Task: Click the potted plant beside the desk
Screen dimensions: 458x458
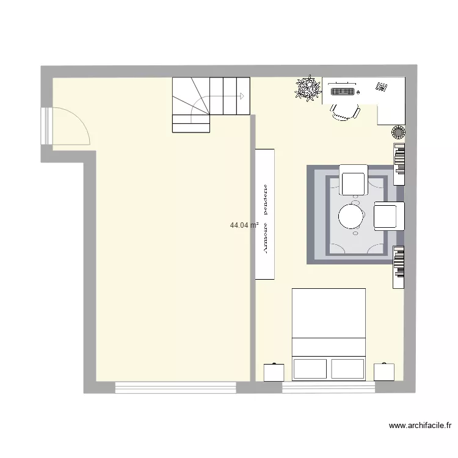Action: pos(307,89)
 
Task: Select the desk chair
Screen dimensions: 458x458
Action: pos(344,111)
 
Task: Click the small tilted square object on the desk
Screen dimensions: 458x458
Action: pos(382,87)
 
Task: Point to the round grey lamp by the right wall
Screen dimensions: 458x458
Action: pos(398,131)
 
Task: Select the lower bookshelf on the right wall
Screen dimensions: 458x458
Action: pos(399,266)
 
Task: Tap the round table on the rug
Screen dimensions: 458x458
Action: pos(352,216)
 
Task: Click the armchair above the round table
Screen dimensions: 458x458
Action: pos(353,180)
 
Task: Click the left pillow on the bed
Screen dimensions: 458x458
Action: pos(310,368)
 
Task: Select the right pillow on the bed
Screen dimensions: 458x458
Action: pos(347,368)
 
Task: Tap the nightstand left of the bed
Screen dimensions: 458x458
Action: pos(274,372)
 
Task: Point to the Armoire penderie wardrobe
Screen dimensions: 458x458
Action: pos(265,214)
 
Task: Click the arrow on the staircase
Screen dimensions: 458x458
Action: pos(241,96)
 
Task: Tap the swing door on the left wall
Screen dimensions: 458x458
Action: pos(68,126)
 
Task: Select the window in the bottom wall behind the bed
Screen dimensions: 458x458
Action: pos(329,387)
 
